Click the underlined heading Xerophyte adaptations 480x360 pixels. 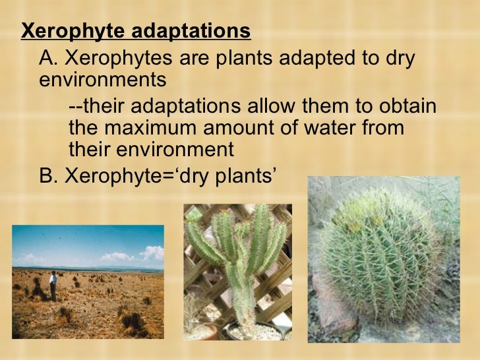[x=136, y=32]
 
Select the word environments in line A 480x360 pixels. [x=103, y=81]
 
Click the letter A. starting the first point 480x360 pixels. [x=49, y=59]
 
